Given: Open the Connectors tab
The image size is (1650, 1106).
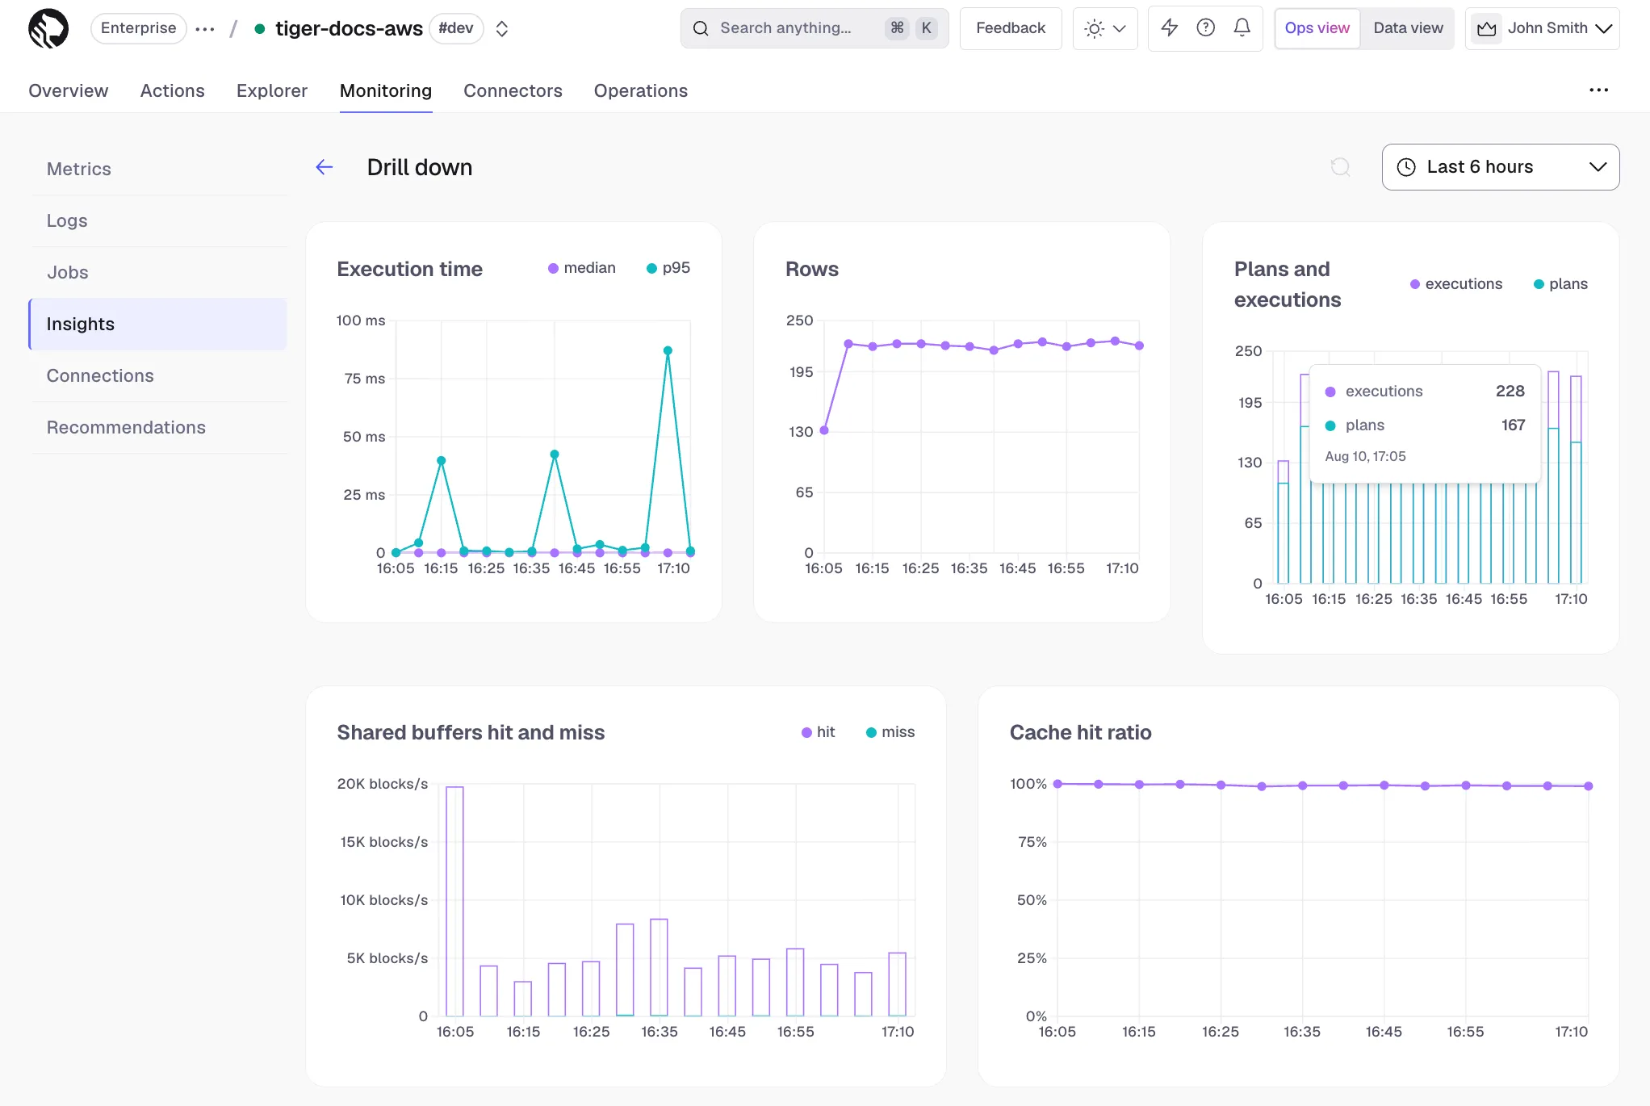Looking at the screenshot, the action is (513, 90).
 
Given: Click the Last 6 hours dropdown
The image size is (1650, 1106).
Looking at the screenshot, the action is (1500, 167).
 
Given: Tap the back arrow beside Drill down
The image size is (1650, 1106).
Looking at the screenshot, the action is (325, 167).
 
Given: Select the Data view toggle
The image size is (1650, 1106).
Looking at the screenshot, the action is (1408, 28).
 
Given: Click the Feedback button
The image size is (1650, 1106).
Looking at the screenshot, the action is (1011, 28).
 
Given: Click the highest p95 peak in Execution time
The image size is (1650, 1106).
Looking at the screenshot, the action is (668, 350).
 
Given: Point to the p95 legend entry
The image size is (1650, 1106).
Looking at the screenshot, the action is (668, 268).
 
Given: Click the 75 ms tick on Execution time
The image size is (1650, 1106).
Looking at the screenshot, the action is (365, 379).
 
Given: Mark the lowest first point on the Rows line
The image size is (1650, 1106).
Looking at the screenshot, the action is (824, 430).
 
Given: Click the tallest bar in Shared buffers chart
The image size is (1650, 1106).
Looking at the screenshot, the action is (454, 901).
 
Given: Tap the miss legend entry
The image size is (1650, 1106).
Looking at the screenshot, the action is (890, 732).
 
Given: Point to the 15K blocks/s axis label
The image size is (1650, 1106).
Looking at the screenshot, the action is (384, 842).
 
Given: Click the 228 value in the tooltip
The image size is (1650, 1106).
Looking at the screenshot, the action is (1510, 392).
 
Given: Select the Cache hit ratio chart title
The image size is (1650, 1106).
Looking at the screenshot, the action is (1080, 732).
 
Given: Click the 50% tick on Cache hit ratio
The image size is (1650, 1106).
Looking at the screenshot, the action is (1032, 900).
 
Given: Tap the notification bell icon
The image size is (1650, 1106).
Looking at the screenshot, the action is (1242, 28).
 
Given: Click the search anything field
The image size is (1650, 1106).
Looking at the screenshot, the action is (814, 28).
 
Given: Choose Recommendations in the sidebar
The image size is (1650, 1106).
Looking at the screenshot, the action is (126, 427).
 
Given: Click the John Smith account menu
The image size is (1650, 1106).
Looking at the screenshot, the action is (1543, 28).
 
